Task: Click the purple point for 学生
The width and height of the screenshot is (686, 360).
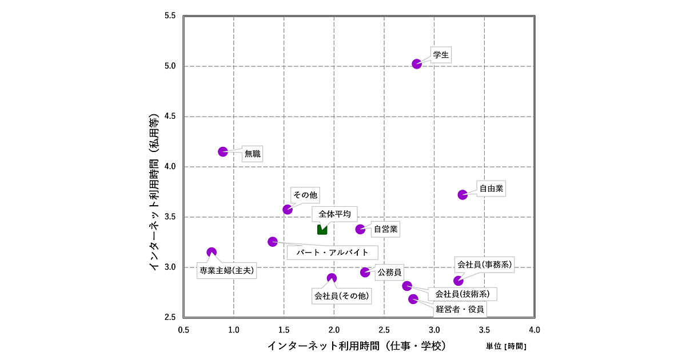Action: (x=417, y=64)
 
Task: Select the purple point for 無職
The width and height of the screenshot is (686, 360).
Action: (x=223, y=151)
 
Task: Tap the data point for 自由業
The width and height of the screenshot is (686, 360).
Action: (x=462, y=195)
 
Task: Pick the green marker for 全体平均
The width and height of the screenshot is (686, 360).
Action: (x=322, y=230)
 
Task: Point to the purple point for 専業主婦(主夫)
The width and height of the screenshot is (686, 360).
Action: (x=212, y=252)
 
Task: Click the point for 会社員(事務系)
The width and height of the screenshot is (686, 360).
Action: (x=458, y=281)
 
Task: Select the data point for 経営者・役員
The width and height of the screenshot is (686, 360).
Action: (x=413, y=299)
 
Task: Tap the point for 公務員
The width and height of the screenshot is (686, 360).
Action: (x=365, y=272)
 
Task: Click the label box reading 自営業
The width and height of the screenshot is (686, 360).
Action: (x=385, y=230)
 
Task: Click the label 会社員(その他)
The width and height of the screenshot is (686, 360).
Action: (x=342, y=296)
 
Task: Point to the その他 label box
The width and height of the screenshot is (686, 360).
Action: (x=305, y=195)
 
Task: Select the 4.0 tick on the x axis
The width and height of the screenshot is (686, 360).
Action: (x=535, y=330)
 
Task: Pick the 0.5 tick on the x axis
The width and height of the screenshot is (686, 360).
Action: (x=184, y=330)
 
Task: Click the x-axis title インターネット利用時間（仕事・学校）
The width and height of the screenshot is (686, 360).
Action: (x=356, y=346)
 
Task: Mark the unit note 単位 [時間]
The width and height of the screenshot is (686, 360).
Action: (x=506, y=346)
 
